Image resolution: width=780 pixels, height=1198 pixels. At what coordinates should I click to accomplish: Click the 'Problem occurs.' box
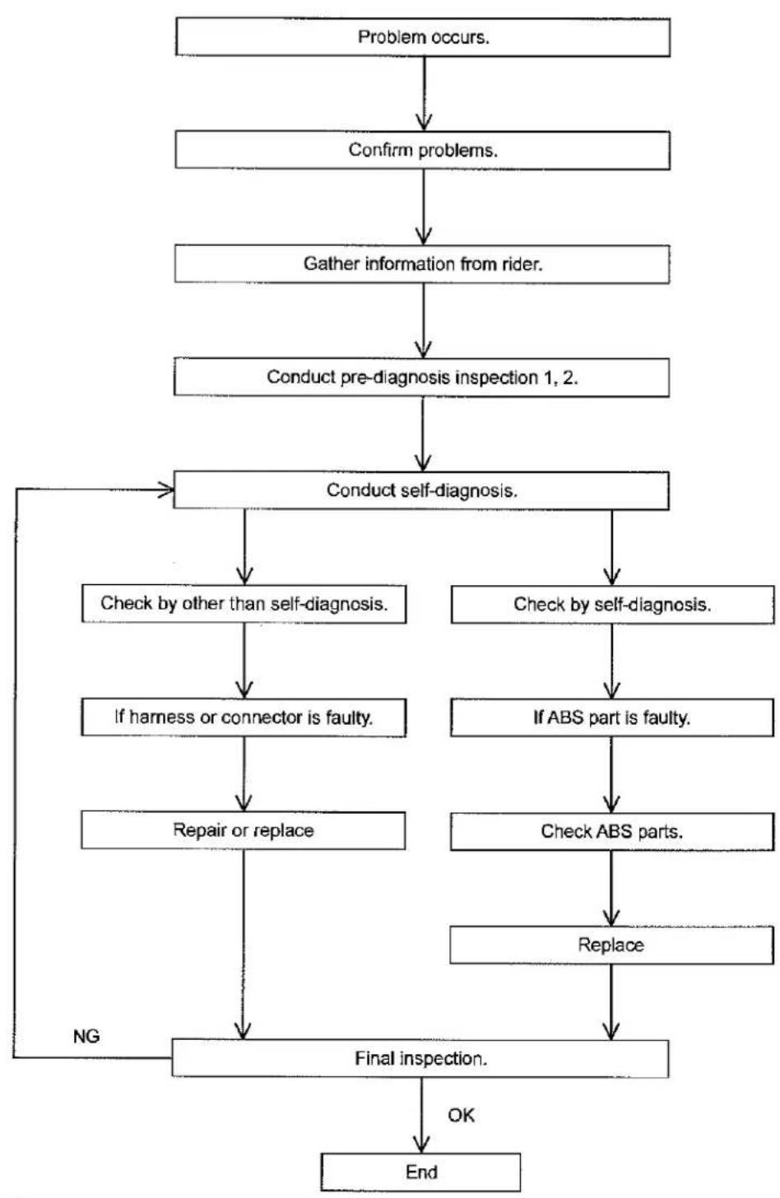423,37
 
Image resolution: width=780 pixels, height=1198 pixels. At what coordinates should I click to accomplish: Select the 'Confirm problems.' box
423,151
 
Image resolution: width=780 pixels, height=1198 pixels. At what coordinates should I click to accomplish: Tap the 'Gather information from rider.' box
422,264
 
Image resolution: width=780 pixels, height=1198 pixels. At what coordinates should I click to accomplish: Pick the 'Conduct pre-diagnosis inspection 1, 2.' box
421,378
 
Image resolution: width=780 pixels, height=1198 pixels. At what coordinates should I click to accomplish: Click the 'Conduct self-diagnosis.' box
421,490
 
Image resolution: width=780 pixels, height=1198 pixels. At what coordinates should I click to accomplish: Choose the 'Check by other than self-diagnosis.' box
244,604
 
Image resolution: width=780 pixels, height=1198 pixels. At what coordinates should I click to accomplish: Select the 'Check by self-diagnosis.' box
612,605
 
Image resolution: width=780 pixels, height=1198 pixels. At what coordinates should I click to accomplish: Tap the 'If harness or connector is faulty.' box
244,717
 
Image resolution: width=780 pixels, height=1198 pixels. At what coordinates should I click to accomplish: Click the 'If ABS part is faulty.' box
612,717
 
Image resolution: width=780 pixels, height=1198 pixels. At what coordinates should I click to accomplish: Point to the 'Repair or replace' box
244,830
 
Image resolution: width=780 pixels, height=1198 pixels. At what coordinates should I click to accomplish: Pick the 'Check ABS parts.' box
612,832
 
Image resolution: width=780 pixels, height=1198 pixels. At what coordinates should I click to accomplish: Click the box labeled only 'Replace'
611,945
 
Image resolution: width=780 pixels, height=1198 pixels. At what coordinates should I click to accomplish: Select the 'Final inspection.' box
420,1058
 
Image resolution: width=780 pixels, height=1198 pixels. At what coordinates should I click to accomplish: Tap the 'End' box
420,1172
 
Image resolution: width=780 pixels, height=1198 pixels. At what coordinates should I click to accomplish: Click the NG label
86,1037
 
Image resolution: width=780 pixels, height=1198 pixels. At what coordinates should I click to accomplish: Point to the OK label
461,1115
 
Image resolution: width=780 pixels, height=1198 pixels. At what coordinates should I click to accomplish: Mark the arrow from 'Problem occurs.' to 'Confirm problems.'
425,94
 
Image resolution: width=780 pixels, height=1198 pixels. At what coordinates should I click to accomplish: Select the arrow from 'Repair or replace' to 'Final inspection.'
244,945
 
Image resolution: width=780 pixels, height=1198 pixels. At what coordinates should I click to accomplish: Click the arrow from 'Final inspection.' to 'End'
421,1115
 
